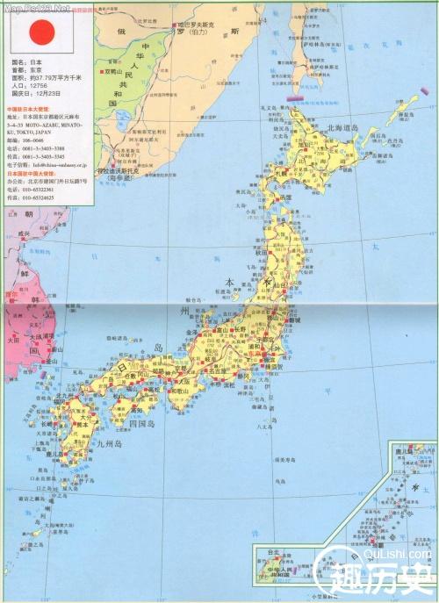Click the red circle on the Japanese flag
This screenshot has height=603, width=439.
click(x=42, y=32)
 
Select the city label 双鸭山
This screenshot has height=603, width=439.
click(x=117, y=70)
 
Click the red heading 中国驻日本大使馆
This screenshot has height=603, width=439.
click(x=32, y=109)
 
